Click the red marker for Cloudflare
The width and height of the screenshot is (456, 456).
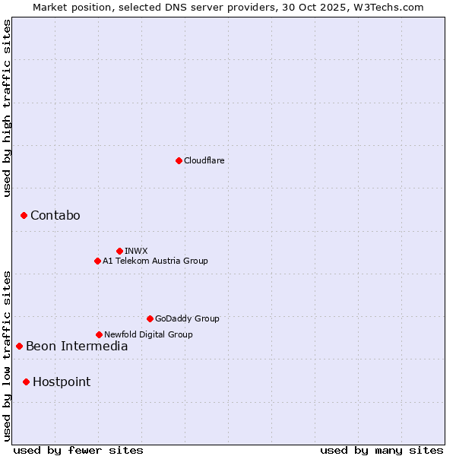[179, 160]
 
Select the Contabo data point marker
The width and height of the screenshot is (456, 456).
[24, 216]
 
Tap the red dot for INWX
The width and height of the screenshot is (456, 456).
[119, 251]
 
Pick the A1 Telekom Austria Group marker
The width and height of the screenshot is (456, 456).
[97, 261]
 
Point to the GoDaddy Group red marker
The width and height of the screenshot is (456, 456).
[150, 318]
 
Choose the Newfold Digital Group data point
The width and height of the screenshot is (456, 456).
[99, 334]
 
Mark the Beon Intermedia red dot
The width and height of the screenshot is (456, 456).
[19, 347]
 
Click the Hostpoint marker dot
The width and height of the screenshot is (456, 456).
[26, 382]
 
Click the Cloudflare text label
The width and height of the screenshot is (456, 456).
[204, 160]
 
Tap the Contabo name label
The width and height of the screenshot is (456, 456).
[55, 216]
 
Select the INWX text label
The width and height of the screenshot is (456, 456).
[136, 251]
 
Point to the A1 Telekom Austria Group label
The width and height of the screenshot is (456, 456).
[155, 261]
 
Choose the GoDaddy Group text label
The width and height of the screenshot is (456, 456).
[187, 318]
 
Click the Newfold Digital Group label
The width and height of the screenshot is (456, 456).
[148, 334]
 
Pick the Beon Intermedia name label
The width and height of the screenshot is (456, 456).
[77, 347]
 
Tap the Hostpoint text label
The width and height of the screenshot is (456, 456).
[62, 382]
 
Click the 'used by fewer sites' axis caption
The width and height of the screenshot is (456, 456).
[78, 450]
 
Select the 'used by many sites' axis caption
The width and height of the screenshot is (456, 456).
[382, 450]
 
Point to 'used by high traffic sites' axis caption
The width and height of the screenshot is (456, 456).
[7, 108]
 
